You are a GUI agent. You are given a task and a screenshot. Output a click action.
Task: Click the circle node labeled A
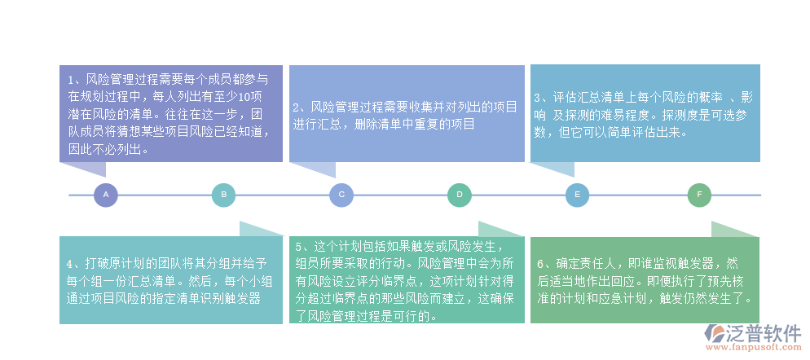[106, 195]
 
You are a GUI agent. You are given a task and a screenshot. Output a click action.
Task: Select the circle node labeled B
[223, 195]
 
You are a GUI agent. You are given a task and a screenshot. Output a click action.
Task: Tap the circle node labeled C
[341, 195]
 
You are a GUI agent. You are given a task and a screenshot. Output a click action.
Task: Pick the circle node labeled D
[460, 195]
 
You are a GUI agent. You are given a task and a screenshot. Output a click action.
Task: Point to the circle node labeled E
[577, 195]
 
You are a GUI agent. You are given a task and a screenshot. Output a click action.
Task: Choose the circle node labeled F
[699, 195]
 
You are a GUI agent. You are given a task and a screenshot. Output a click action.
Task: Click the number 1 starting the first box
[72, 80]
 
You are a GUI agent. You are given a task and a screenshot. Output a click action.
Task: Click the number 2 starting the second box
[297, 108]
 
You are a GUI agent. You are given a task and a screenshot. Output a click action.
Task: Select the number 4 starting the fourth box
[72, 264]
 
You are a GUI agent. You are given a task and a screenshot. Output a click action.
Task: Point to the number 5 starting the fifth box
[300, 246]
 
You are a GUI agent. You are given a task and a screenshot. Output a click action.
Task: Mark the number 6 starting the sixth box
[539, 264]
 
